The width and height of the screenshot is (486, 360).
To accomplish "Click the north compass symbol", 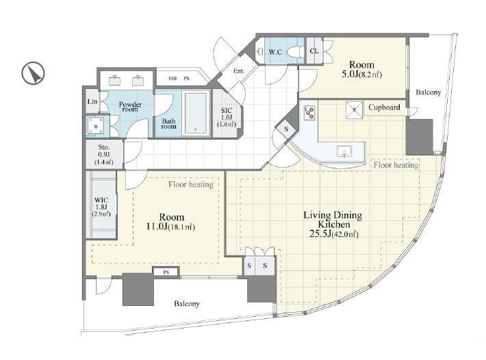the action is coord(33,73).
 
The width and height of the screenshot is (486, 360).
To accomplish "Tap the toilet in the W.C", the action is coord(295,51).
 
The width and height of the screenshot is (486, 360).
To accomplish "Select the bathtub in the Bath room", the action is coord(195,113).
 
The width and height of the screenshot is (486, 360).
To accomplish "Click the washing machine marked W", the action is coord(95,127).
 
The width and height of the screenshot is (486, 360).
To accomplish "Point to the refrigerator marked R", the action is coord(354,110).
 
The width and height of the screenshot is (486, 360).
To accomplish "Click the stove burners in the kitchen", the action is coord(309,113).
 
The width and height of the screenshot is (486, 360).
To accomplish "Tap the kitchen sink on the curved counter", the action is coord(345,151).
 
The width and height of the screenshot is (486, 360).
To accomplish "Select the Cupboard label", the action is coord(384,107).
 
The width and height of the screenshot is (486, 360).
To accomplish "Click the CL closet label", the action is coord(314,51).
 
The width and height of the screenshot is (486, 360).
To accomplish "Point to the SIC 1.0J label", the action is coord(227,117).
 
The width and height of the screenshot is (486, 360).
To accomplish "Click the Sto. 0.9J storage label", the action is coord(104,154).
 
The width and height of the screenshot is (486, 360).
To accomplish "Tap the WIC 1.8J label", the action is coord(101,207).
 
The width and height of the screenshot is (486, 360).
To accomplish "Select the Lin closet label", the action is coord(92,101).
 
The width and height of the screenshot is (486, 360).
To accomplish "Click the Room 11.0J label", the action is coord(171,222).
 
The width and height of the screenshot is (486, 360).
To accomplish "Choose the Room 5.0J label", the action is coord(361,69).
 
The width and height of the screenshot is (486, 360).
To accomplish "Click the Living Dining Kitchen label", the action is coord(333,224).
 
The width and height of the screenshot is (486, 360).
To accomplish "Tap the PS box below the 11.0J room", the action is coord(166,272).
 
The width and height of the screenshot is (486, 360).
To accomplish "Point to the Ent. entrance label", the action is coord(239,71).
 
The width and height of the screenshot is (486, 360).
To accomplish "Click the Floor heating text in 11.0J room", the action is coord(191,185).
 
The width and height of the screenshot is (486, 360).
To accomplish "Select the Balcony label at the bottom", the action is coord(187,304).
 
